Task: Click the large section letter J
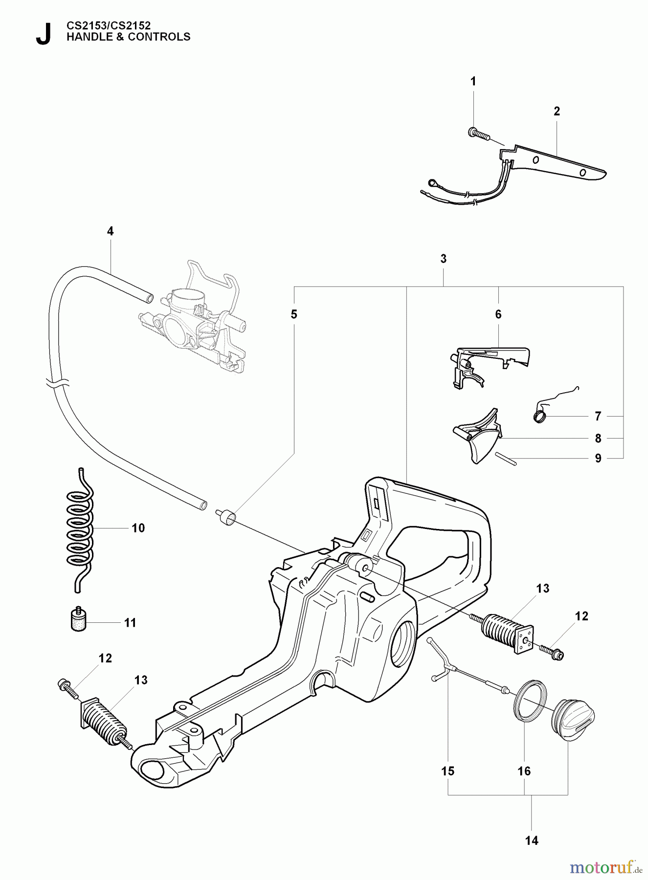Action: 43,34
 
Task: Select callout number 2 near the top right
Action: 557,111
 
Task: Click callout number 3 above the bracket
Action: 443,259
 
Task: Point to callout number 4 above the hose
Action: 110,231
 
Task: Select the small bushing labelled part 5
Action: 226,517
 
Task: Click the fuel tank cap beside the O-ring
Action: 575,724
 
